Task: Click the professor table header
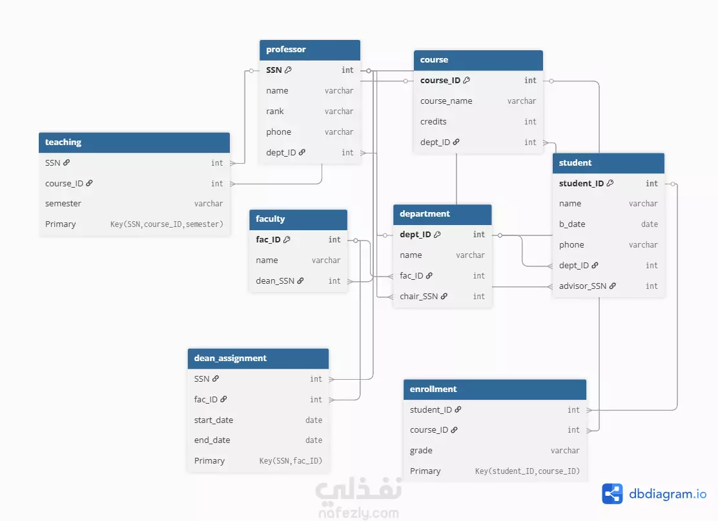coord(309,50)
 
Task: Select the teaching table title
coord(63,143)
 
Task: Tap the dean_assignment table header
coord(258,359)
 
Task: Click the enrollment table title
coord(433,389)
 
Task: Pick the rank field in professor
coord(275,111)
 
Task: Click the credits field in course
coord(433,122)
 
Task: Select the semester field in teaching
coord(63,204)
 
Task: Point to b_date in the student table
coord(572,224)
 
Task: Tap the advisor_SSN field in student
coord(582,286)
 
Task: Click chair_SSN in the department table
coord(418,297)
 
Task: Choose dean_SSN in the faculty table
coord(275,281)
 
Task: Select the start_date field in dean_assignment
coord(213,420)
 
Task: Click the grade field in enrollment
coord(421,451)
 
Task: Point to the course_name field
coord(446,101)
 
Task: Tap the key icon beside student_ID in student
coord(610,183)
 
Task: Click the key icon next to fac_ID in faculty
coord(287,239)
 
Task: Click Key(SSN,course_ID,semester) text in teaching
coord(167,224)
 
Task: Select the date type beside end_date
coord(314,440)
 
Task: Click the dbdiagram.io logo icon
coord(612,493)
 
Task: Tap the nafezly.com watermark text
coord(358,513)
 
